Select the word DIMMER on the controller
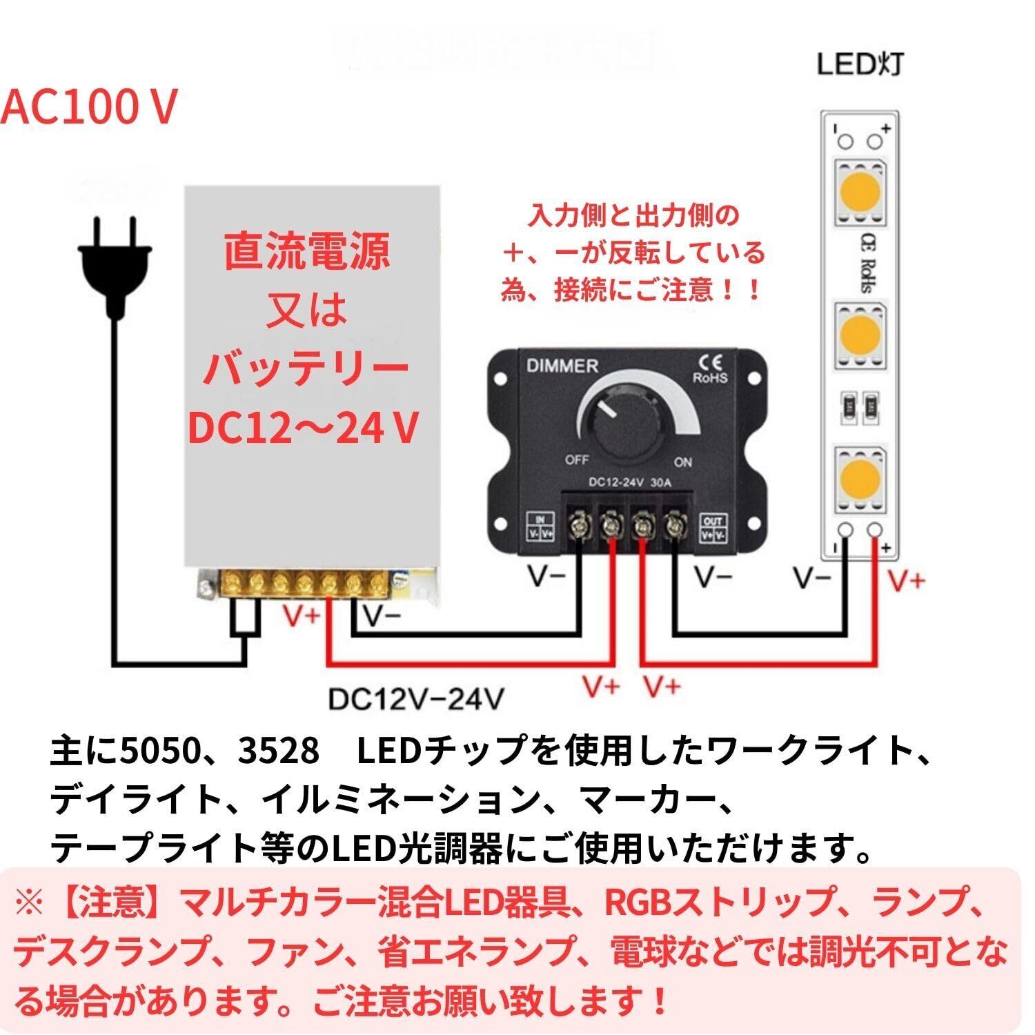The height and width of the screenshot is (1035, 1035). [x=562, y=366]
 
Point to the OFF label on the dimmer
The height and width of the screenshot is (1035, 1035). [x=576, y=460]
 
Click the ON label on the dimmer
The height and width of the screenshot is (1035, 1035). [x=682, y=462]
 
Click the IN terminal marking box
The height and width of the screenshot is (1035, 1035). [x=541, y=526]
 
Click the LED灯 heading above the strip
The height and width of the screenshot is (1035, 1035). [x=860, y=65]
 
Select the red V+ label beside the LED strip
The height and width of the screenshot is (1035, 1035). [x=906, y=581]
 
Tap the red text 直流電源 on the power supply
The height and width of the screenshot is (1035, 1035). [x=307, y=252]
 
